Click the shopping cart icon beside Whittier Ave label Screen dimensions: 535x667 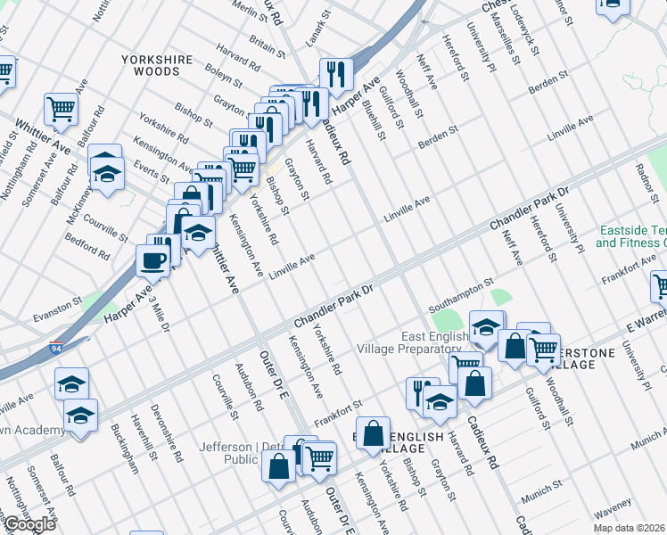[x=62, y=110]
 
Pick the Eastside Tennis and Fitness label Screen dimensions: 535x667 [x=631, y=235]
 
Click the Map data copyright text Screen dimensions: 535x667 [x=629, y=528]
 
